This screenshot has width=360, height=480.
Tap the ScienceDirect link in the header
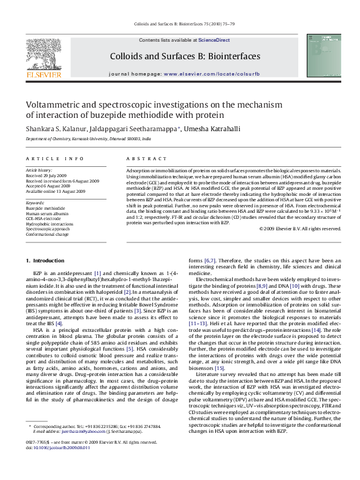(x=215, y=40)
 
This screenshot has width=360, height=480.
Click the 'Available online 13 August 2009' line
(x=56, y=191)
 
